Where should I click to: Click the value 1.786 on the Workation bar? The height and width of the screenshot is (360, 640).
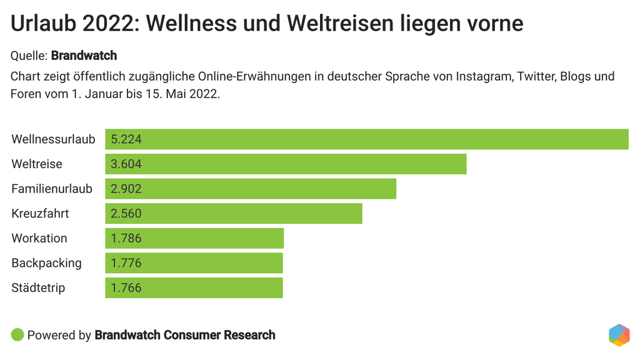pyautogui.click(x=126, y=238)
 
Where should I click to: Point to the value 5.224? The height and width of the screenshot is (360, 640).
pyautogui.click(x=126, y=139)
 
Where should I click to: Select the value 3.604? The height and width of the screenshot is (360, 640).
pyautogui.click(x=126, y=164)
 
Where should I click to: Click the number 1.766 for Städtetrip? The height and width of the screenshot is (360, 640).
pyautogui.click(x=126, y=288)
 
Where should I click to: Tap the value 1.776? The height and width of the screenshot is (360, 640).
pyautogui.click(x=126, y=263)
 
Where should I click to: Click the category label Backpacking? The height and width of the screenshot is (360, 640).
pyautogui.click(x=46, y=263)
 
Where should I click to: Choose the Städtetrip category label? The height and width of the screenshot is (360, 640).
pyautogui.click(x=38, y=288)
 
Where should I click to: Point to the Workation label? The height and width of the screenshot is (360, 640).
pyautogui.click(x=39, y=238)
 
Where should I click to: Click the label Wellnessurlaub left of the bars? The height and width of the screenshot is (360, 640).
pyautogui.click(x=53, y=139)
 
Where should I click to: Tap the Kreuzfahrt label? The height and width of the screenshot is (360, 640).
pyautogui.click(x=40, y=213)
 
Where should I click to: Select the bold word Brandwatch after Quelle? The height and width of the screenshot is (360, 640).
pyautogui.click(x=84, y=56)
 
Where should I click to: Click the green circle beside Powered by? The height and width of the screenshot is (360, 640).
pyautogui.click(x=17, y=335)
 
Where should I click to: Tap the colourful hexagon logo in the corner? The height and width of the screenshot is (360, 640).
pyautogui.click(x=619, y=335)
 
